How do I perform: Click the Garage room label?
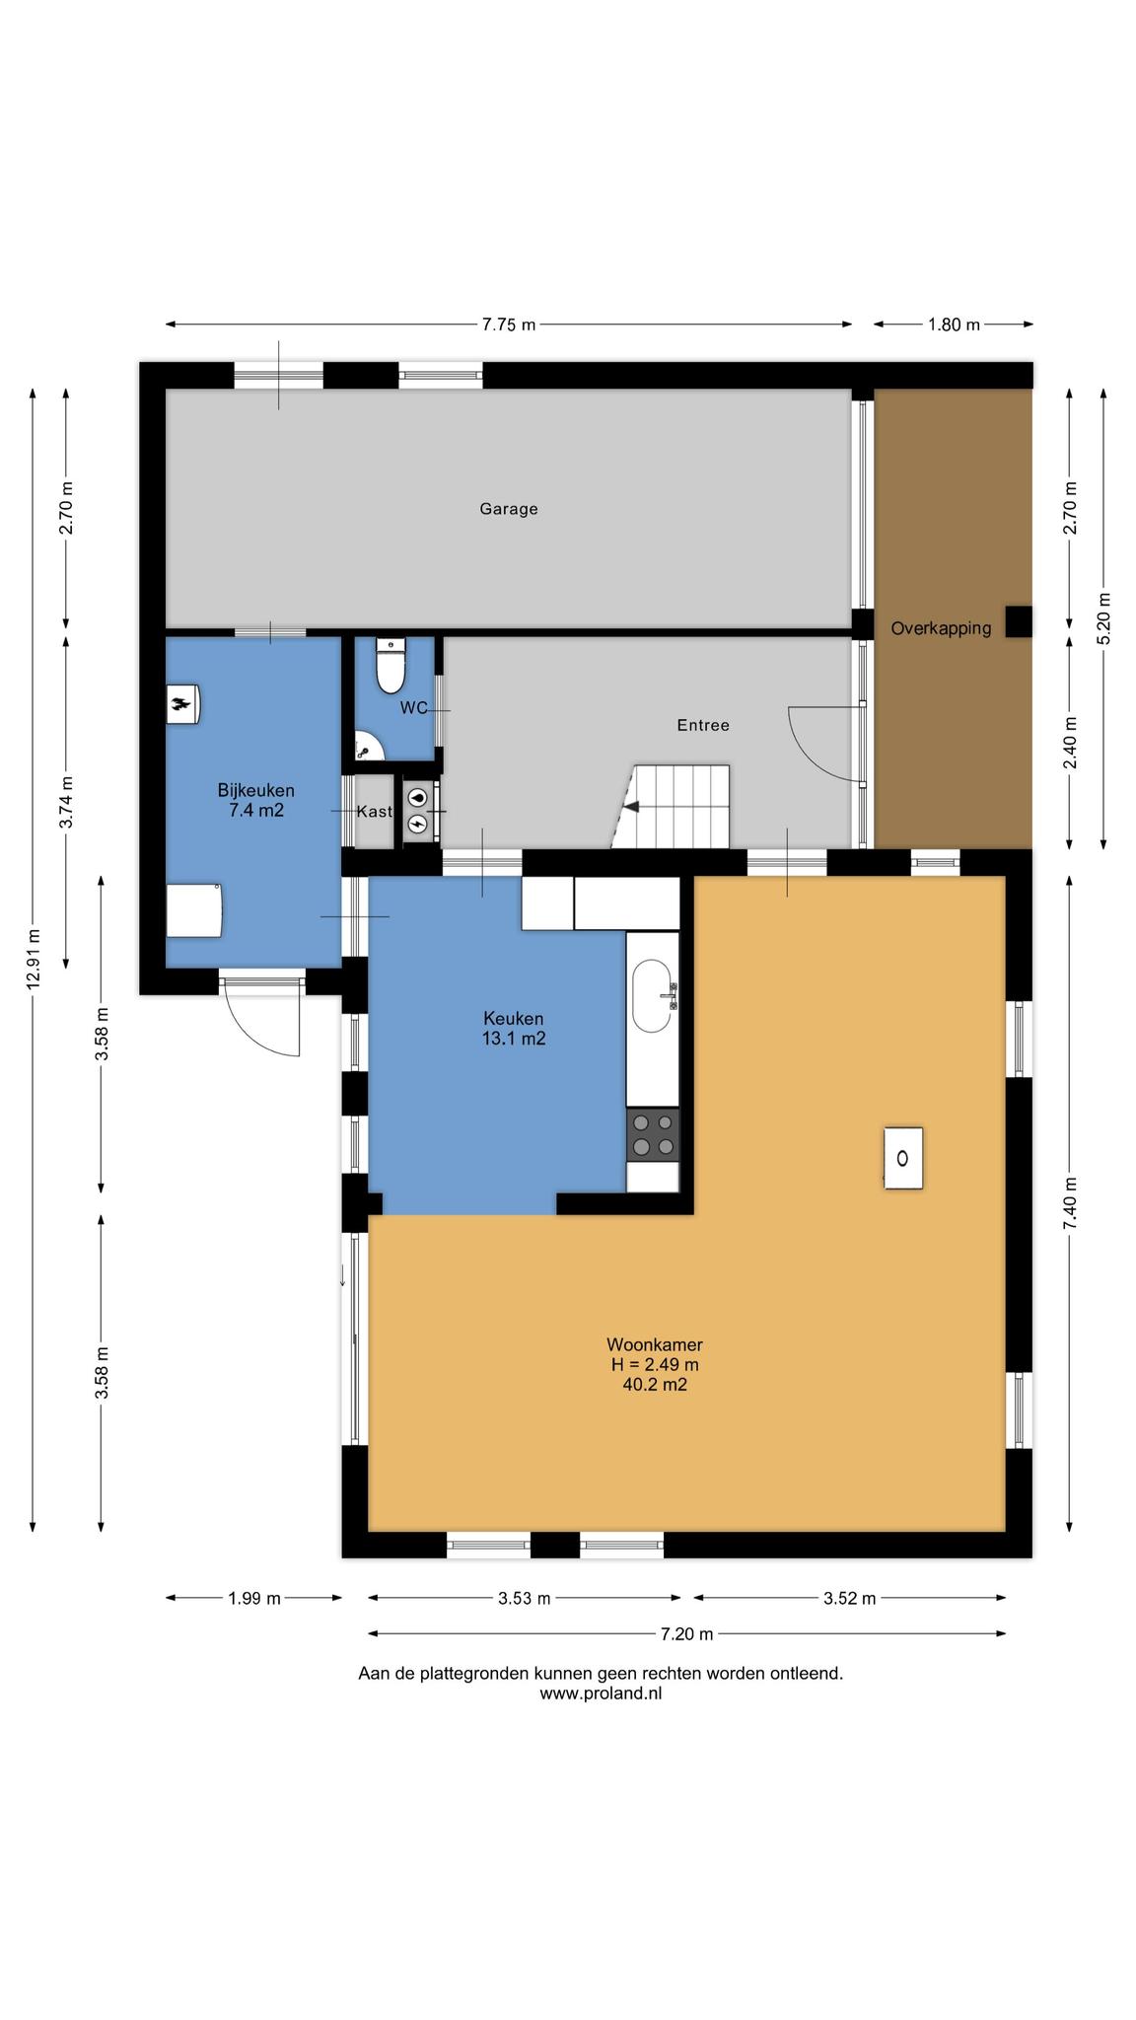(509, 509)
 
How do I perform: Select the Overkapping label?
(941, 628)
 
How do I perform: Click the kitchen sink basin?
(652, 996)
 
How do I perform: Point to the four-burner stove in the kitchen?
(653, 1134)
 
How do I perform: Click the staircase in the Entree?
(672, 807)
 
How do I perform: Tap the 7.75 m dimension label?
(509, 325)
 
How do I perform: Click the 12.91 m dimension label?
(34, 959)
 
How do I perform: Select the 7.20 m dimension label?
(686, 1633)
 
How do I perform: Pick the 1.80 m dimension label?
(954, 325)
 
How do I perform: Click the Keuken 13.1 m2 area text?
(513, 1029)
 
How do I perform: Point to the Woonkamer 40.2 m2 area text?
(654, 1364)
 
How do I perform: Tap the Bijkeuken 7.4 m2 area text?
(255, 801)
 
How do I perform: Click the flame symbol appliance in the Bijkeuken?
(183, 704)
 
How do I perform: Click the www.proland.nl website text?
(601, 1694)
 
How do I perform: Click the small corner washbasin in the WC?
(367, 747)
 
